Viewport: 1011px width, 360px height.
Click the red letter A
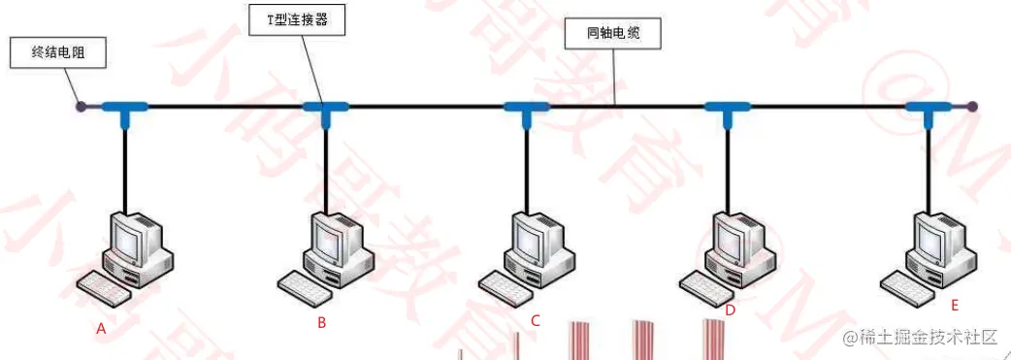101,329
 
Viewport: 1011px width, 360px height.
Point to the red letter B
321,323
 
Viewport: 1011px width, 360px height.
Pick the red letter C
535,319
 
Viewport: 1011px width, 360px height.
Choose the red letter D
730,311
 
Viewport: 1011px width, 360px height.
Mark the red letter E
955,306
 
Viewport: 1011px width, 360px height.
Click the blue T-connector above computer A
125,109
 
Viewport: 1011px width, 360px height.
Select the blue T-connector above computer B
325,109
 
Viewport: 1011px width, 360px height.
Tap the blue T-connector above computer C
526,109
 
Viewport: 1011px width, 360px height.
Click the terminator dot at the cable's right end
972,106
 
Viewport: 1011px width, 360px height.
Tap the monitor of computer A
130,234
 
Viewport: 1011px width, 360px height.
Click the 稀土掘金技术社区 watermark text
921,338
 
